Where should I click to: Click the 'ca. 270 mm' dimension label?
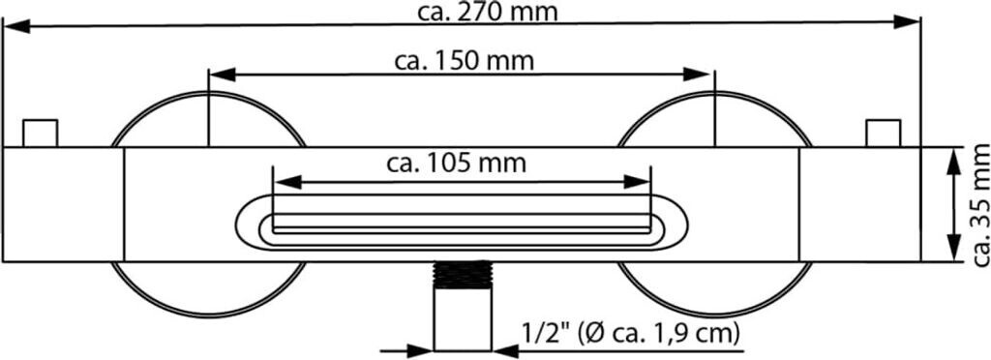point(488,12)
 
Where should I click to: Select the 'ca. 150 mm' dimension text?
point(465,61)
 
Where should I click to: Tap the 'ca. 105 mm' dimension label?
point(457,164)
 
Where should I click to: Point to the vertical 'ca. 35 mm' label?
point(980,205)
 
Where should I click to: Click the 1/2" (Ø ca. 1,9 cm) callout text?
point(631,333)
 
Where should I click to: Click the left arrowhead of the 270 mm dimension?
point(17,26)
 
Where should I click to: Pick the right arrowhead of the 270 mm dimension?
point(906,22)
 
